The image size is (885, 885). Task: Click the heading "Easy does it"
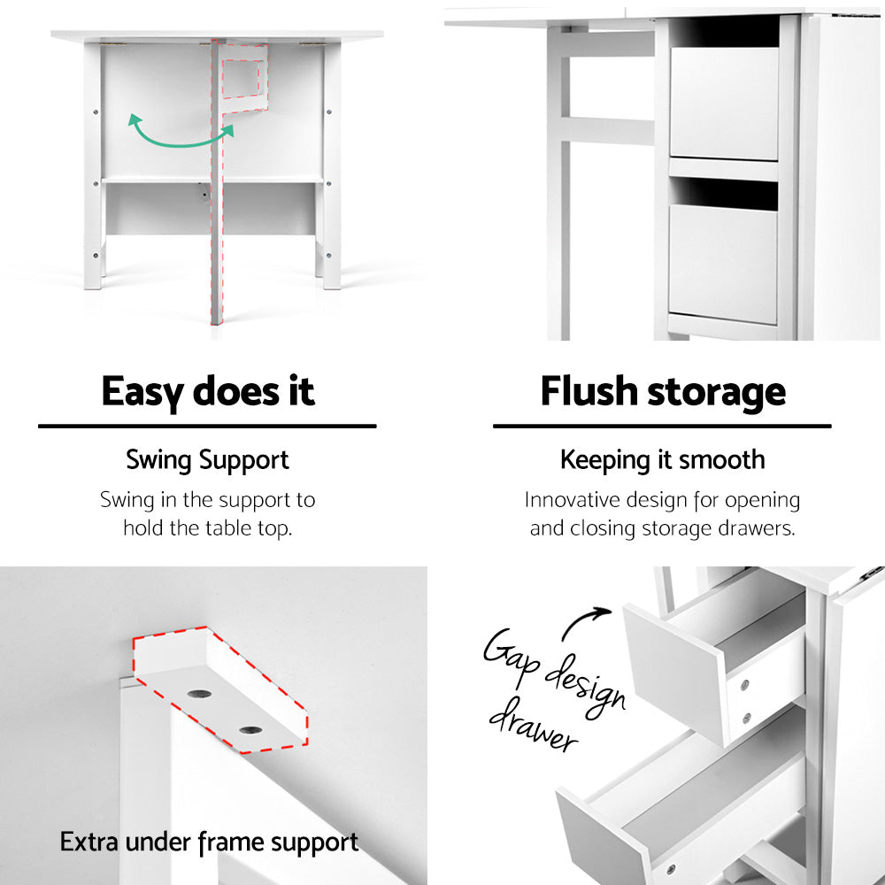(208, 391)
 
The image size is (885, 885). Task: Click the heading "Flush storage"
(663, 391)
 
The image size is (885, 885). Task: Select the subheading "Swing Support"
(207, 460)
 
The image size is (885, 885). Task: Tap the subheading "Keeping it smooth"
(662, 460)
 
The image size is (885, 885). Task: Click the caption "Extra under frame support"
(209, 842)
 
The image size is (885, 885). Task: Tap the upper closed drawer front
(723, 104)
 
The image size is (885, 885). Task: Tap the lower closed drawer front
(723, 264)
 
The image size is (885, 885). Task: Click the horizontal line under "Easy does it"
(207, 426)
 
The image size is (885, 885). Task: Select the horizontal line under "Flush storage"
(662, 426)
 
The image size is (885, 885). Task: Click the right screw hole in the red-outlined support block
(250, 730)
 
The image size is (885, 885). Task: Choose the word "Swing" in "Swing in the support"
(126, 500)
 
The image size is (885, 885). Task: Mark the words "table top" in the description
(249, 528)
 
